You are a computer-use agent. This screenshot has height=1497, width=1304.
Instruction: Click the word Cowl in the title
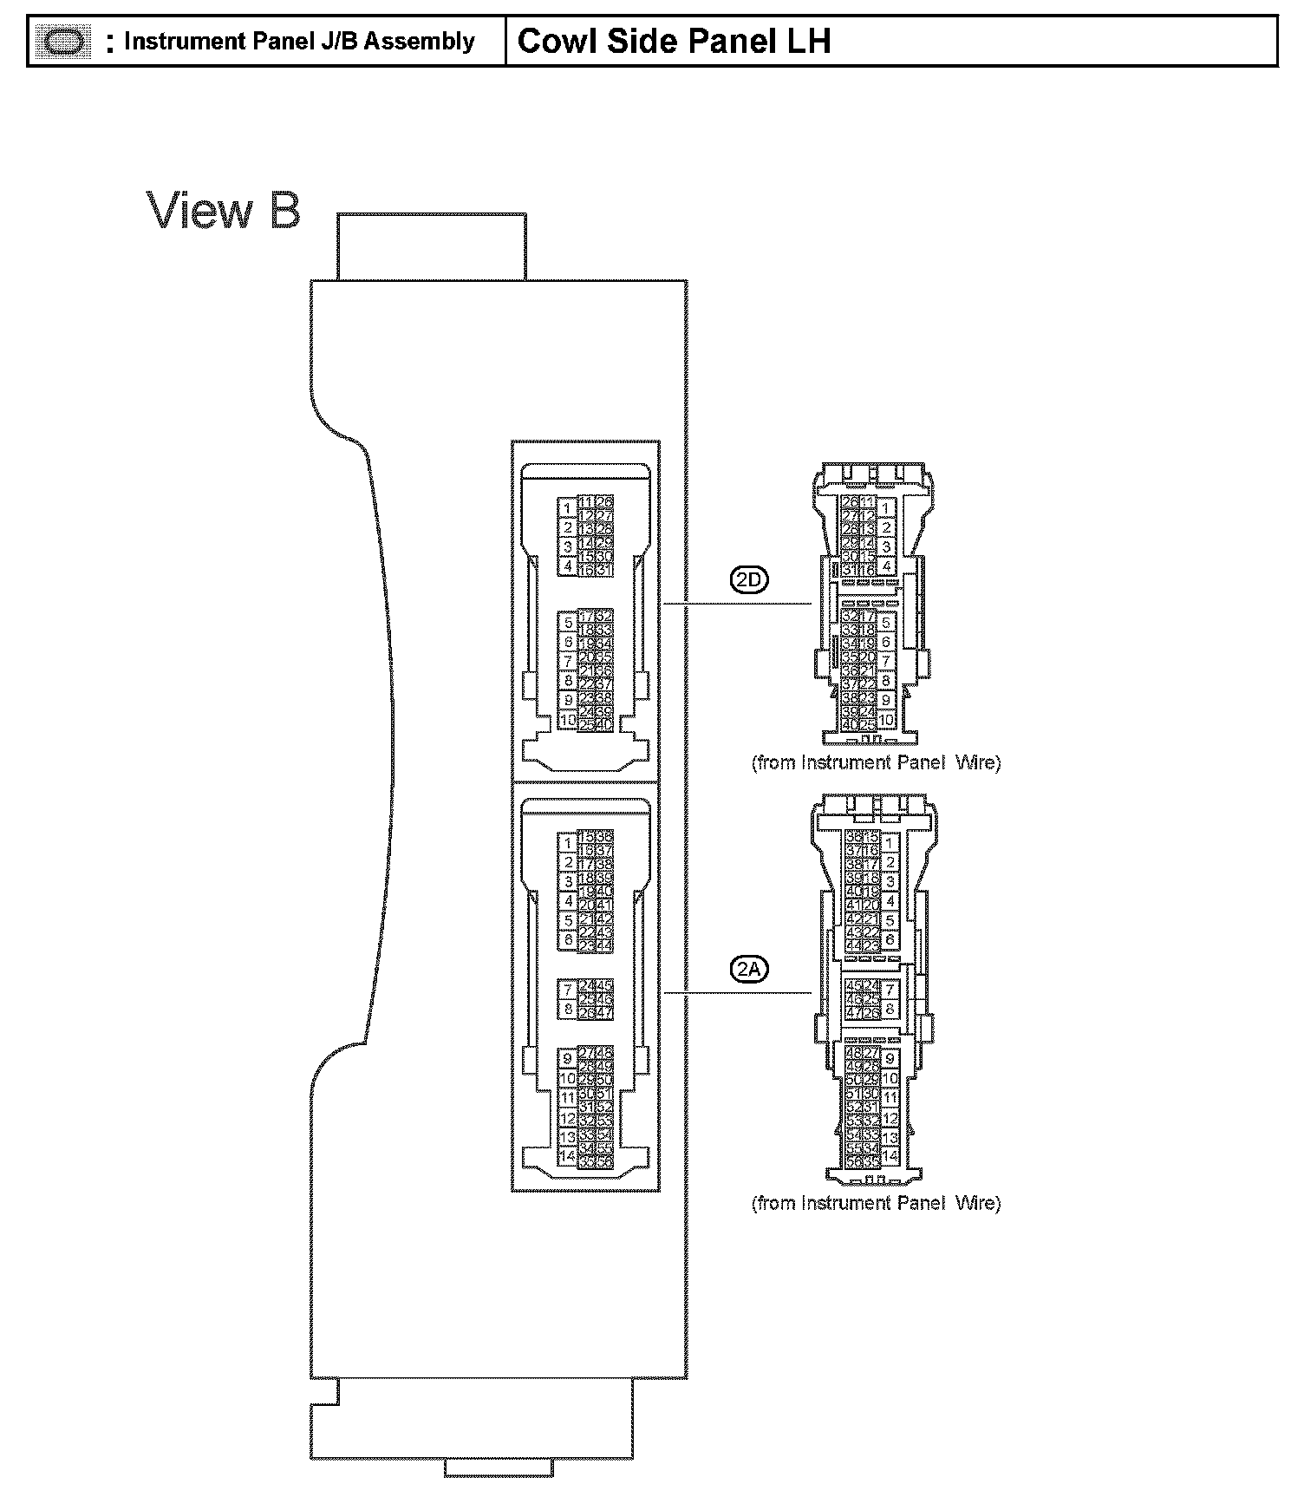(x=556, y=41)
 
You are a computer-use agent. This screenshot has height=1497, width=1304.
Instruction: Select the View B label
(x=224, y=211)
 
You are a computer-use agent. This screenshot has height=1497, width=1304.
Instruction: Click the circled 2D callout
(x=750, y=580)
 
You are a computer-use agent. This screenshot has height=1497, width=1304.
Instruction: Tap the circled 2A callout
(x=750, y=970)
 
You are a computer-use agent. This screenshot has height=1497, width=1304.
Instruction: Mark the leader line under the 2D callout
(x=737, y=603)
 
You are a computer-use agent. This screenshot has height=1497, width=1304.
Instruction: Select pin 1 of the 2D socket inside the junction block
(x=567, y=508)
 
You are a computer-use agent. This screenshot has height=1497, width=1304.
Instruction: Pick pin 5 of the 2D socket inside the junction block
(x=568, y=623)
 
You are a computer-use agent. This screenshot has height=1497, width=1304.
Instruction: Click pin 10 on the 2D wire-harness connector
(x=886, y=720)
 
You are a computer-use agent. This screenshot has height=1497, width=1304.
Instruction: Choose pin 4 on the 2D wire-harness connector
(x=886, y=567)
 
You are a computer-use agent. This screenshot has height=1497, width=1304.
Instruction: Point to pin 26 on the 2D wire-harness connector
(x=851, y=501)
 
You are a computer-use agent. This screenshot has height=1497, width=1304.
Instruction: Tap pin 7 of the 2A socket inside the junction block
(x=568, y=990)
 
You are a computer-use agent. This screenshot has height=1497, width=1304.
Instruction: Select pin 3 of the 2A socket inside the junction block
(x=568, y=882)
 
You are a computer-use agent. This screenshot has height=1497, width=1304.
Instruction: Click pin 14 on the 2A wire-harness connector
(x=890, y=1157)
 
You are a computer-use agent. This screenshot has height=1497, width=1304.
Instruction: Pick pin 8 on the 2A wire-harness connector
(x=890, y=1009)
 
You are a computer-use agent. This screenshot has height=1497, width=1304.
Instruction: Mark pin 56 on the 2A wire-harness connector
(x=853, y=1160)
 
